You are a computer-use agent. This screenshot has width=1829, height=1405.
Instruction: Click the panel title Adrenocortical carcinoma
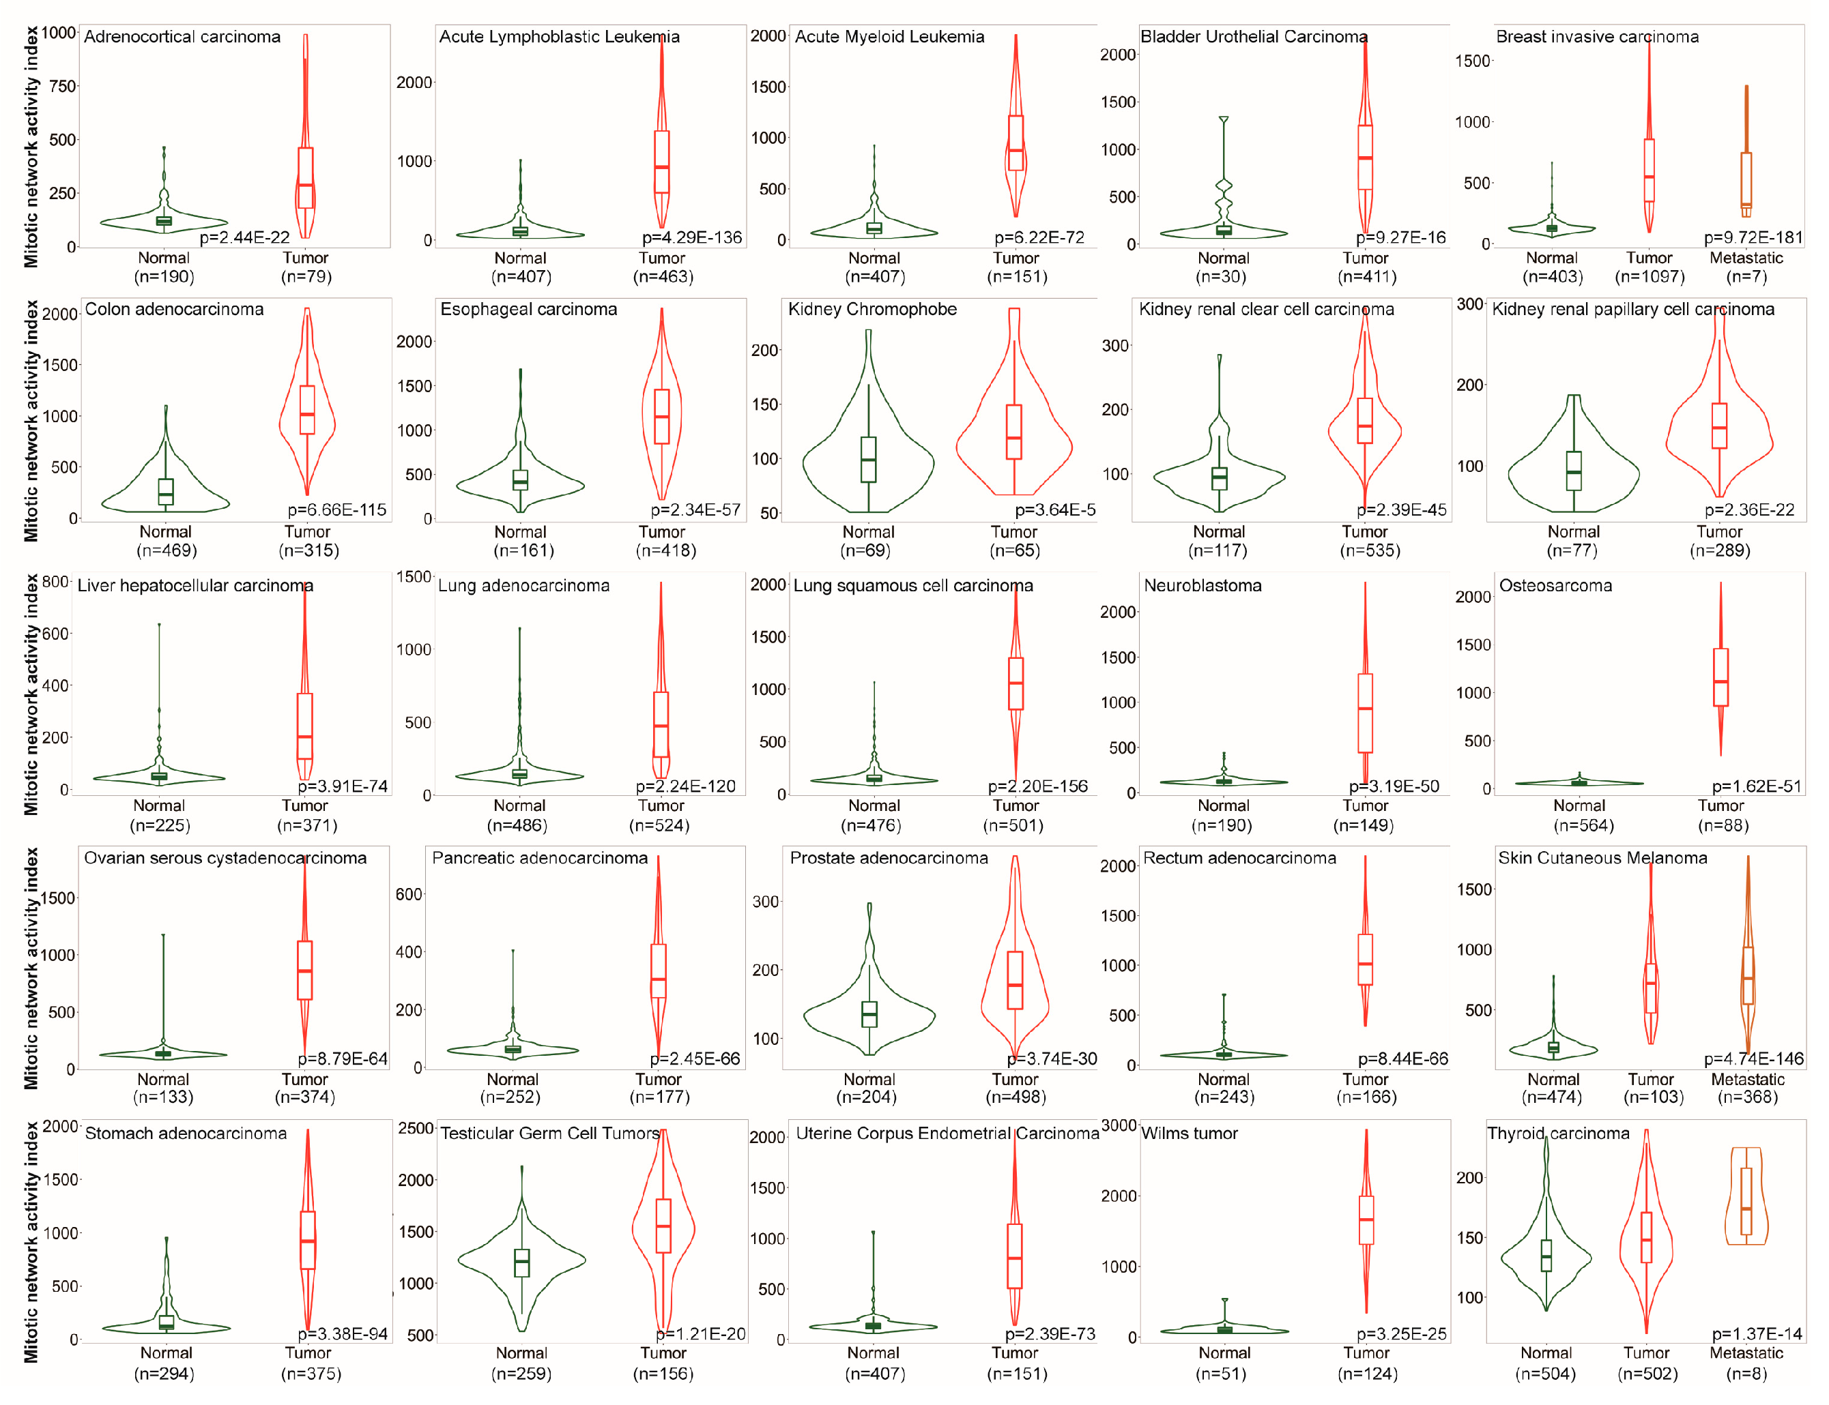tap(182, 37)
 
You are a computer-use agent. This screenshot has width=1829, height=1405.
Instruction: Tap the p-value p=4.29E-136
tap(692, 237)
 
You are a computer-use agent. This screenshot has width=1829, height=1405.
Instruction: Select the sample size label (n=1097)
tap(1649, 277)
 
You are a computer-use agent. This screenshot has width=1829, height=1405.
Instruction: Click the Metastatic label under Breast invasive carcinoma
tap(1746, 258)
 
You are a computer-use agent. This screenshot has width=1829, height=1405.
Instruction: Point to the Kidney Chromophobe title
tap(873, 310)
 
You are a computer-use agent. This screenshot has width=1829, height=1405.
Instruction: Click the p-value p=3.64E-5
tap(1055, 510)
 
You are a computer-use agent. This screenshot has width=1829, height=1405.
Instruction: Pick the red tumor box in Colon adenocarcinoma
tap(307, 410)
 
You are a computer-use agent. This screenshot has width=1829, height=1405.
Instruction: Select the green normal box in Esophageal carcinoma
tap(521, 480)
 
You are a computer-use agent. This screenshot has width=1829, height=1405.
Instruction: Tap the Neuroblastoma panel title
tap(1203, 585)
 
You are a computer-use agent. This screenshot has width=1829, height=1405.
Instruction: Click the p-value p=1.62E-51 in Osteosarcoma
tap(1756, 786)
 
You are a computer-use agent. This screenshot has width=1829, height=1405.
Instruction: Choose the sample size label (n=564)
tap(1579, 825)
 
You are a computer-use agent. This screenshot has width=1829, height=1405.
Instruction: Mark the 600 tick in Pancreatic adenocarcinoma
tap(409, 894)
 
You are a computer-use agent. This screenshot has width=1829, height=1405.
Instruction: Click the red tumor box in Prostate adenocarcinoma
tap(1015, 980)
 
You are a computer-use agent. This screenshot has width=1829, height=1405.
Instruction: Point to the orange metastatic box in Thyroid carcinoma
tap(1746, 1202)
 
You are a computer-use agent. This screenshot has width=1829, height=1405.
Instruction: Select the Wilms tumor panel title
tap(1190, 1133)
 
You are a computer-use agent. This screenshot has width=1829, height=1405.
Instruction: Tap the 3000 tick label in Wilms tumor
tap(1119, 1125)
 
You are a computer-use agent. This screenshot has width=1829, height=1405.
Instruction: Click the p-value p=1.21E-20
tap(701, 1334)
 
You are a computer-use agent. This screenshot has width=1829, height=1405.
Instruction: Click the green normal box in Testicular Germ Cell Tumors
tap(521, 1263)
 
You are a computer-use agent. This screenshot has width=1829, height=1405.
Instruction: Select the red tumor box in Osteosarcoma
tap(1720, 677)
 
